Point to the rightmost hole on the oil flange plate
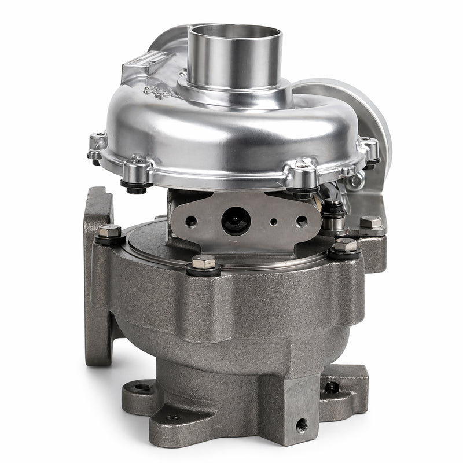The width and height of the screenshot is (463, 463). [x=302, y=221]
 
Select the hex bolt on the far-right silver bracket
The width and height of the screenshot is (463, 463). [x=370, y=222]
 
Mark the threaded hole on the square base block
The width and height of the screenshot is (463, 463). [x=301, y=427]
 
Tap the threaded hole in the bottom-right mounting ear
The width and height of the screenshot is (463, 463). [x=332, y=387]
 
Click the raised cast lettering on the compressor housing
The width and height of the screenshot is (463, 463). [x=157, y=91]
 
